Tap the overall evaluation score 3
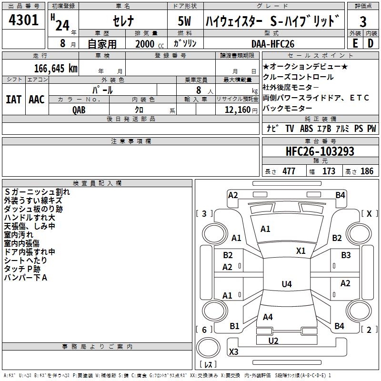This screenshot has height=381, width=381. [363, 22]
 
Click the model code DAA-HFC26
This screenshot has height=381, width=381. [273, 43]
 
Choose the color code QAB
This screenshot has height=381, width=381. [79, 110]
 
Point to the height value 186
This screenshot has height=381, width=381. [367, 171]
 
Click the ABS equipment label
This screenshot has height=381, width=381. [306, 129]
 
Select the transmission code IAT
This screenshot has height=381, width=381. [14, 100]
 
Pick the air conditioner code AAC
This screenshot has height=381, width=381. [37, 100]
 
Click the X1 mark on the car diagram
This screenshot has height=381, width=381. [301, 251]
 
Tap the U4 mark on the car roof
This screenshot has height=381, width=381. [286, 284]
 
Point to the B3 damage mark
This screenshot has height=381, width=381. [346, 256]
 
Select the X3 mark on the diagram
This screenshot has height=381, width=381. [233, 352]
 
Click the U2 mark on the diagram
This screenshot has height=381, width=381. [273, 341]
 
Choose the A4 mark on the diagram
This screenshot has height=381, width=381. [268, 317]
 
